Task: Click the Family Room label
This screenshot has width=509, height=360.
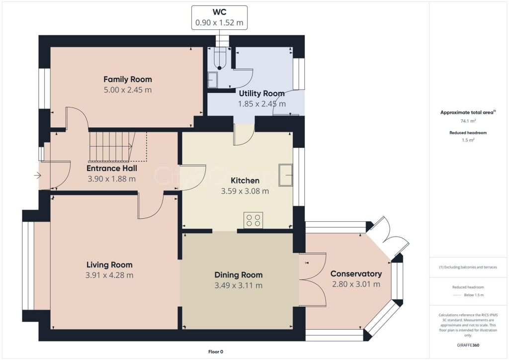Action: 127,80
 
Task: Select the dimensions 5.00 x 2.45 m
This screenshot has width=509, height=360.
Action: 127,90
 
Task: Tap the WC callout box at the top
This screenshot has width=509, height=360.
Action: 219,17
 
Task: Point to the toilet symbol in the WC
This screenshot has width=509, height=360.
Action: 219,60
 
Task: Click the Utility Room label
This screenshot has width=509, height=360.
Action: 261,93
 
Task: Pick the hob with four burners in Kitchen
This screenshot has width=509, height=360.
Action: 253,219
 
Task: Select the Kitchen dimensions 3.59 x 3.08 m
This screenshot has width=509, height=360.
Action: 245,191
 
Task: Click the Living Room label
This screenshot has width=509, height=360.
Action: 109,265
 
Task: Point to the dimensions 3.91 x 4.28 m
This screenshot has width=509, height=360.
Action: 109,275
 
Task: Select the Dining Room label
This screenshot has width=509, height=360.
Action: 238,275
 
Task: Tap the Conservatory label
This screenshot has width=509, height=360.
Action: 356,274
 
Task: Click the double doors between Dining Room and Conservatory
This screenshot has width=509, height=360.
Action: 313,281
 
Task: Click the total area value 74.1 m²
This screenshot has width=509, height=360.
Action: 468,121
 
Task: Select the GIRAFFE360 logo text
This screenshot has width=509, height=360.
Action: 468,345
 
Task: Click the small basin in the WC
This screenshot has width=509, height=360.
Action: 212,80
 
